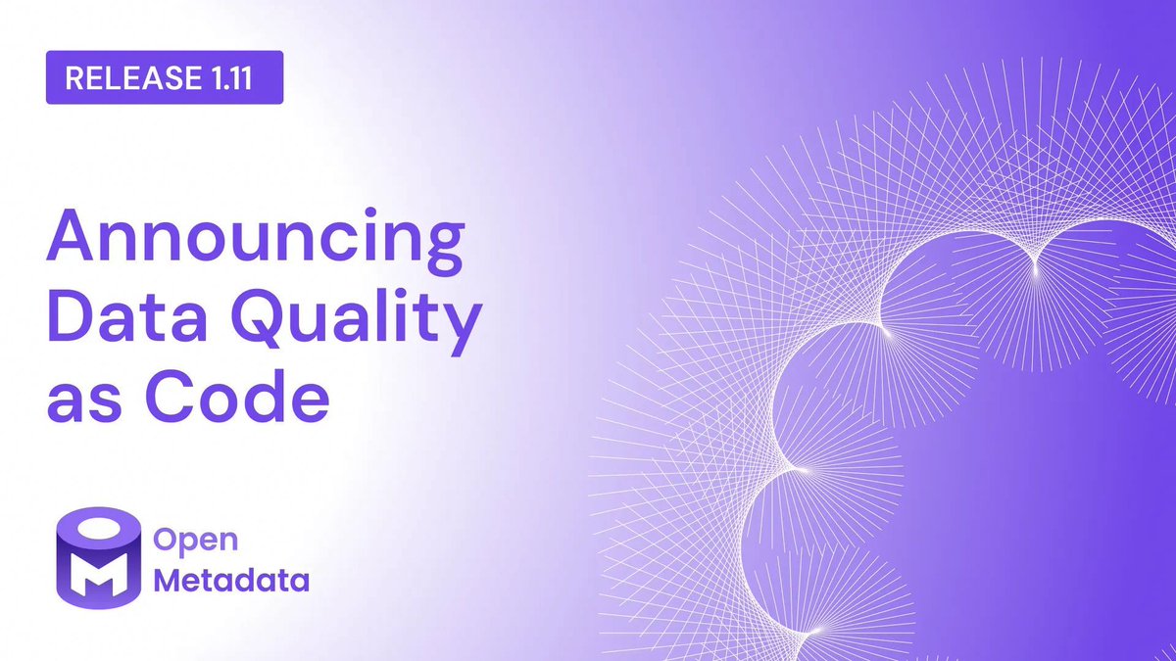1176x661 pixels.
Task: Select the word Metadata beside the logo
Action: [233, 581]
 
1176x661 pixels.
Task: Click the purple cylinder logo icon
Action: [96, 558]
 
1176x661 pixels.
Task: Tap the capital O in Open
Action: [169, 541]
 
